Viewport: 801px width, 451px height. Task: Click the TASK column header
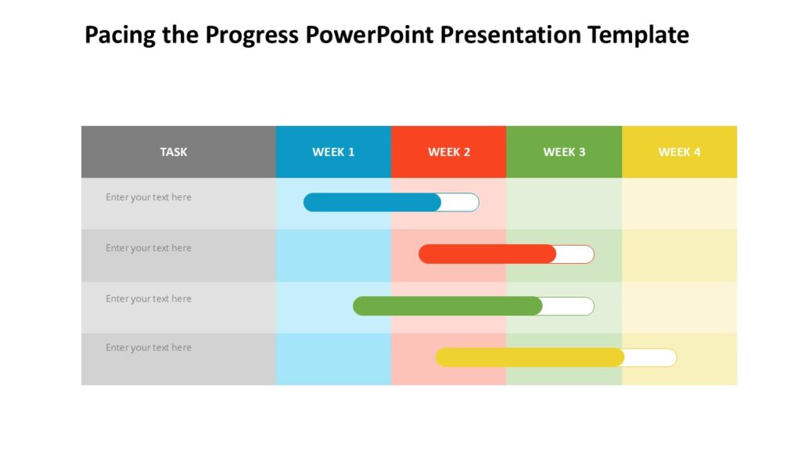point(174,152)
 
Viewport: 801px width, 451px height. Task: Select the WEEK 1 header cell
point(333,152)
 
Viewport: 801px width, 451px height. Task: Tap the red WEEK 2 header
point(449,152)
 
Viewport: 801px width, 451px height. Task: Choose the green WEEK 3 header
point(564,152)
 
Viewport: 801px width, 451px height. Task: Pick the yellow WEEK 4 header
point(679,152)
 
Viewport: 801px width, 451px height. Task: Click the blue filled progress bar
point(372,203)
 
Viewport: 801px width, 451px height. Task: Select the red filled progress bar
point(487,254)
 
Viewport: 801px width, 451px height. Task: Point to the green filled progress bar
point(447,306)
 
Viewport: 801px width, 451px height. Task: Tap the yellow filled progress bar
point(530,358)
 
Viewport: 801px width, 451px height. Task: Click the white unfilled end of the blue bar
point(461,203)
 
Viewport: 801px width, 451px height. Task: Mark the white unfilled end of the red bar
point(576,254)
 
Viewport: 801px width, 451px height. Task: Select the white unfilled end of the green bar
point(569,306)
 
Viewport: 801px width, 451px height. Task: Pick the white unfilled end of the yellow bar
point(651,358)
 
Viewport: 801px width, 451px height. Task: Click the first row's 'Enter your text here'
point(149,197)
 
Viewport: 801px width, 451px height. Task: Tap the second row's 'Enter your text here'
point(149,248)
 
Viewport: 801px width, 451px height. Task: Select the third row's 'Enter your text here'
point(149,299)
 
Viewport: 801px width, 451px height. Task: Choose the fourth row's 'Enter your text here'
point(149,348)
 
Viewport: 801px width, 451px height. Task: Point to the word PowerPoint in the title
point(372,36)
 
